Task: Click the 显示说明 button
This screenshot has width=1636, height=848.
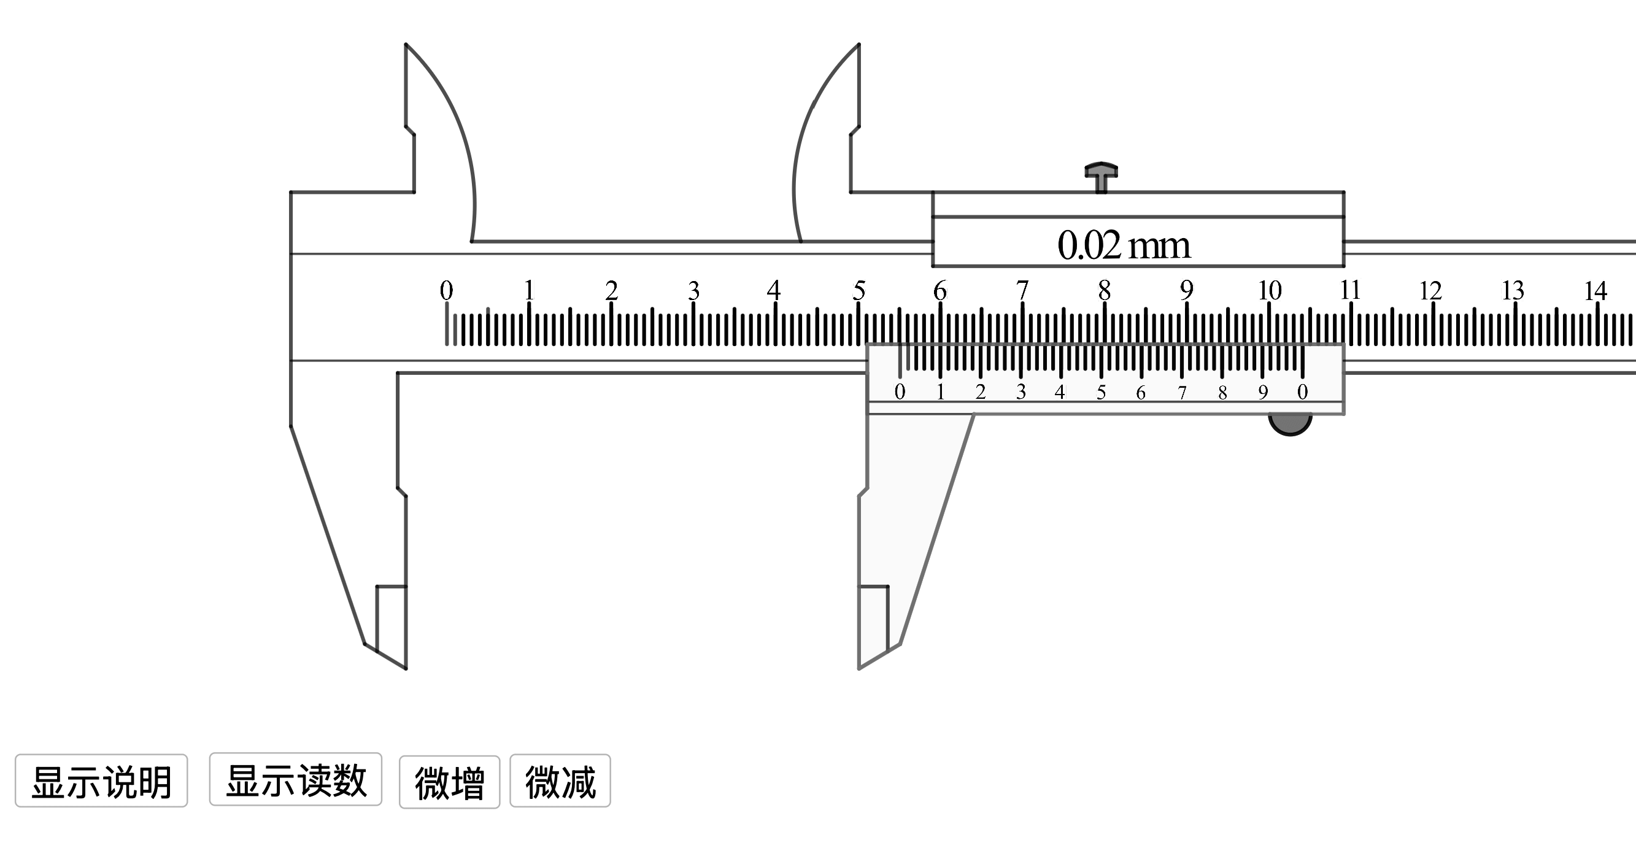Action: pyautogui.click(x=102, y=781)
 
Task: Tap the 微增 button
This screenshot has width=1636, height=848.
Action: pyautogui.click(x=450, y=781)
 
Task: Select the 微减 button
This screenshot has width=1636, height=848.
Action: pyautogui.click(x=560, y=781)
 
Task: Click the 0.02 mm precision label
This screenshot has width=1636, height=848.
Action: pyautogui.click(x=1124, y=245)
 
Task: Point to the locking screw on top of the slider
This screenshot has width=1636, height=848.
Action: pyautogui.click(x=1102, y=177)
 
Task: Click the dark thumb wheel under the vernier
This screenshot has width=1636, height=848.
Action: pyautogui.click(x=1290, y=425)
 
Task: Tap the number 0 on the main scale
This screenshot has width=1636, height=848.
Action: pyautogui.click(x=447, y=290)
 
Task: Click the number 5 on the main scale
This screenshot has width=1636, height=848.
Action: pyautogui.click(x=859, y=290)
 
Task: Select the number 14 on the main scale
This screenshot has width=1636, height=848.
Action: pyautogui.click(x=1595, y=291)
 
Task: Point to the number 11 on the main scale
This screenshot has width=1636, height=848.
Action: pyautogui.click(x=1349, y=290)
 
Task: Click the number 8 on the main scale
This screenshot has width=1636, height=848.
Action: pyautogui.click(x=1105, y=290)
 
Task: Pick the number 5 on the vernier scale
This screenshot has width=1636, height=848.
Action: pyautogui.click(x=1102, y=392)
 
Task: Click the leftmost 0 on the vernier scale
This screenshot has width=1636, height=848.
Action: pyautogui.click(x=900, y=392)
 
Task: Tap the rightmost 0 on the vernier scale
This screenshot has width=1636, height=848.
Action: pyautogui.click(x=1303, y=392)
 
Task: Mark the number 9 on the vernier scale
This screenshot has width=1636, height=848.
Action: pyautogui.click(x=1262, y=392)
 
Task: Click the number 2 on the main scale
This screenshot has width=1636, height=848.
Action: pyautogui.click(x=612, y=290)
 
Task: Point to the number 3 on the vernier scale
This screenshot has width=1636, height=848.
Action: pyautogui.click(x=1021, y=392)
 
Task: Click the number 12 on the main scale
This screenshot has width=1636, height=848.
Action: pyautogui.click(x=1431, y=291)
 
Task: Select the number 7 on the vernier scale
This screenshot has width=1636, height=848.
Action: pyautogui.click(x=1182, y=393)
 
